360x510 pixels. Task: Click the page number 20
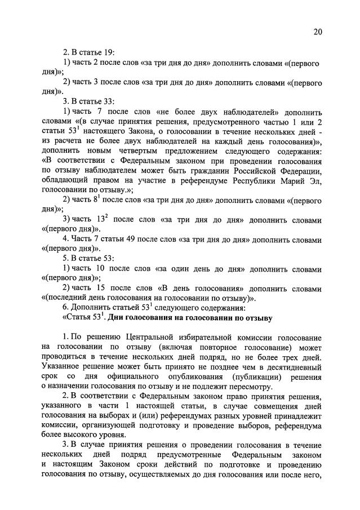pyautogui.click(x=318, y=32)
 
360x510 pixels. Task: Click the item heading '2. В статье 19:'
pyautogui.click(x=90, y=52)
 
